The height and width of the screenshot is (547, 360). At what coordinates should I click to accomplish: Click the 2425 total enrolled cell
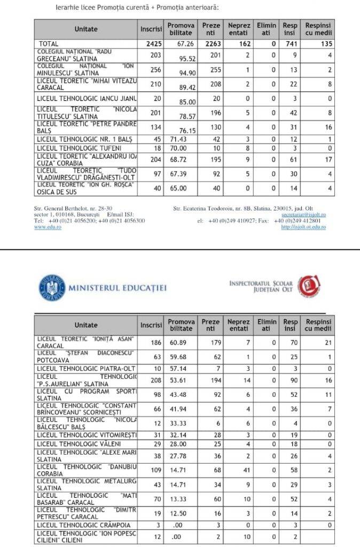click(x=151, y=44)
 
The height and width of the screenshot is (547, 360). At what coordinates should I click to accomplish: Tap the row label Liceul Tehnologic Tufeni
click(x=79, y=148)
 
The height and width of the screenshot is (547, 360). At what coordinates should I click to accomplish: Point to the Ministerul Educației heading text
click(x=118, y=288)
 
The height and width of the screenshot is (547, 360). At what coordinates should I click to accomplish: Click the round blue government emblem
click(x=52, y=288)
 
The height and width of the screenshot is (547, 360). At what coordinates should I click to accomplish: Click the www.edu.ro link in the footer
click(x=48, y=227)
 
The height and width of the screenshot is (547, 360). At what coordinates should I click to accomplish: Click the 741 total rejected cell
click(x=290, y=44)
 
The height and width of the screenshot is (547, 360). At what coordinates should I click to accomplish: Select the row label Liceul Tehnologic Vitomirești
click(x=87, y=436)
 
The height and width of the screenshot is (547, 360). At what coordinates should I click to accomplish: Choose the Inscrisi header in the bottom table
click(x=151, y=325)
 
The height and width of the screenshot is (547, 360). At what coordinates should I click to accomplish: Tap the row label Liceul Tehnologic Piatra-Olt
click(x=86, y=369)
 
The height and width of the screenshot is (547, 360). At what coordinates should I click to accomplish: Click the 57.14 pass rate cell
click(x=181, y=369)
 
